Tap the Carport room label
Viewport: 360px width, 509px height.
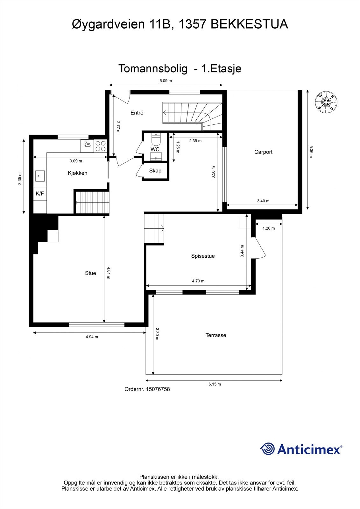(263, 152)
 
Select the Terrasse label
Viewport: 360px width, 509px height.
(216, 335)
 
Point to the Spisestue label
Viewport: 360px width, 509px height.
(203, 256)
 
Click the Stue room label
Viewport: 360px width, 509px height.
(90, 273)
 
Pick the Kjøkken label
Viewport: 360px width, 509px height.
(77, 173)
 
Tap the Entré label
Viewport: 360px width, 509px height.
(137, 113)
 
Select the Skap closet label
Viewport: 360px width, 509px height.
(155, 171)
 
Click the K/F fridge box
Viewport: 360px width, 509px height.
(40, 193)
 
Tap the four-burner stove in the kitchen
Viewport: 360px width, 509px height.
(100, 146)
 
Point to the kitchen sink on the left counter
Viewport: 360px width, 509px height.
(39, 175)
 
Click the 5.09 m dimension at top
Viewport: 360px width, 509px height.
(166, 81)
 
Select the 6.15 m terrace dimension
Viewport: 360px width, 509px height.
(215, 384)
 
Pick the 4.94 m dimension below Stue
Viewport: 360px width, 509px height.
(92, 337)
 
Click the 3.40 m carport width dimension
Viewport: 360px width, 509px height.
(263, 201)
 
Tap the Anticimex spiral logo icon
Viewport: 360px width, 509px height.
(267, 449)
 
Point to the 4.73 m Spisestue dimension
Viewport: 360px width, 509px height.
(198, 281)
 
